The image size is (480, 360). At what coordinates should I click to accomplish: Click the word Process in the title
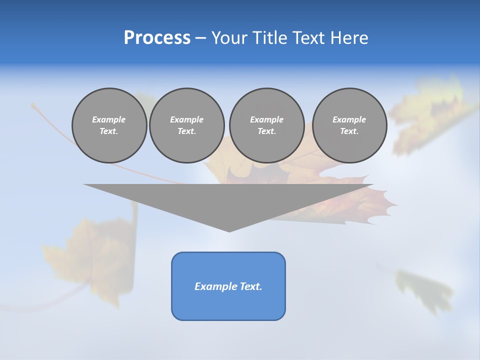[157, 38]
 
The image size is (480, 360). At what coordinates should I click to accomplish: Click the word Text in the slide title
[309, 38]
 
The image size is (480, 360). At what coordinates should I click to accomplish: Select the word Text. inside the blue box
[249, 286]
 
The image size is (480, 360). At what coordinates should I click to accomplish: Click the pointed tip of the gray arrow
[229, 230]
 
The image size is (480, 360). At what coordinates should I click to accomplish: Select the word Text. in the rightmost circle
[349, 131]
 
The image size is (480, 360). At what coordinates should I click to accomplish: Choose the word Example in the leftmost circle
[109, 119]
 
